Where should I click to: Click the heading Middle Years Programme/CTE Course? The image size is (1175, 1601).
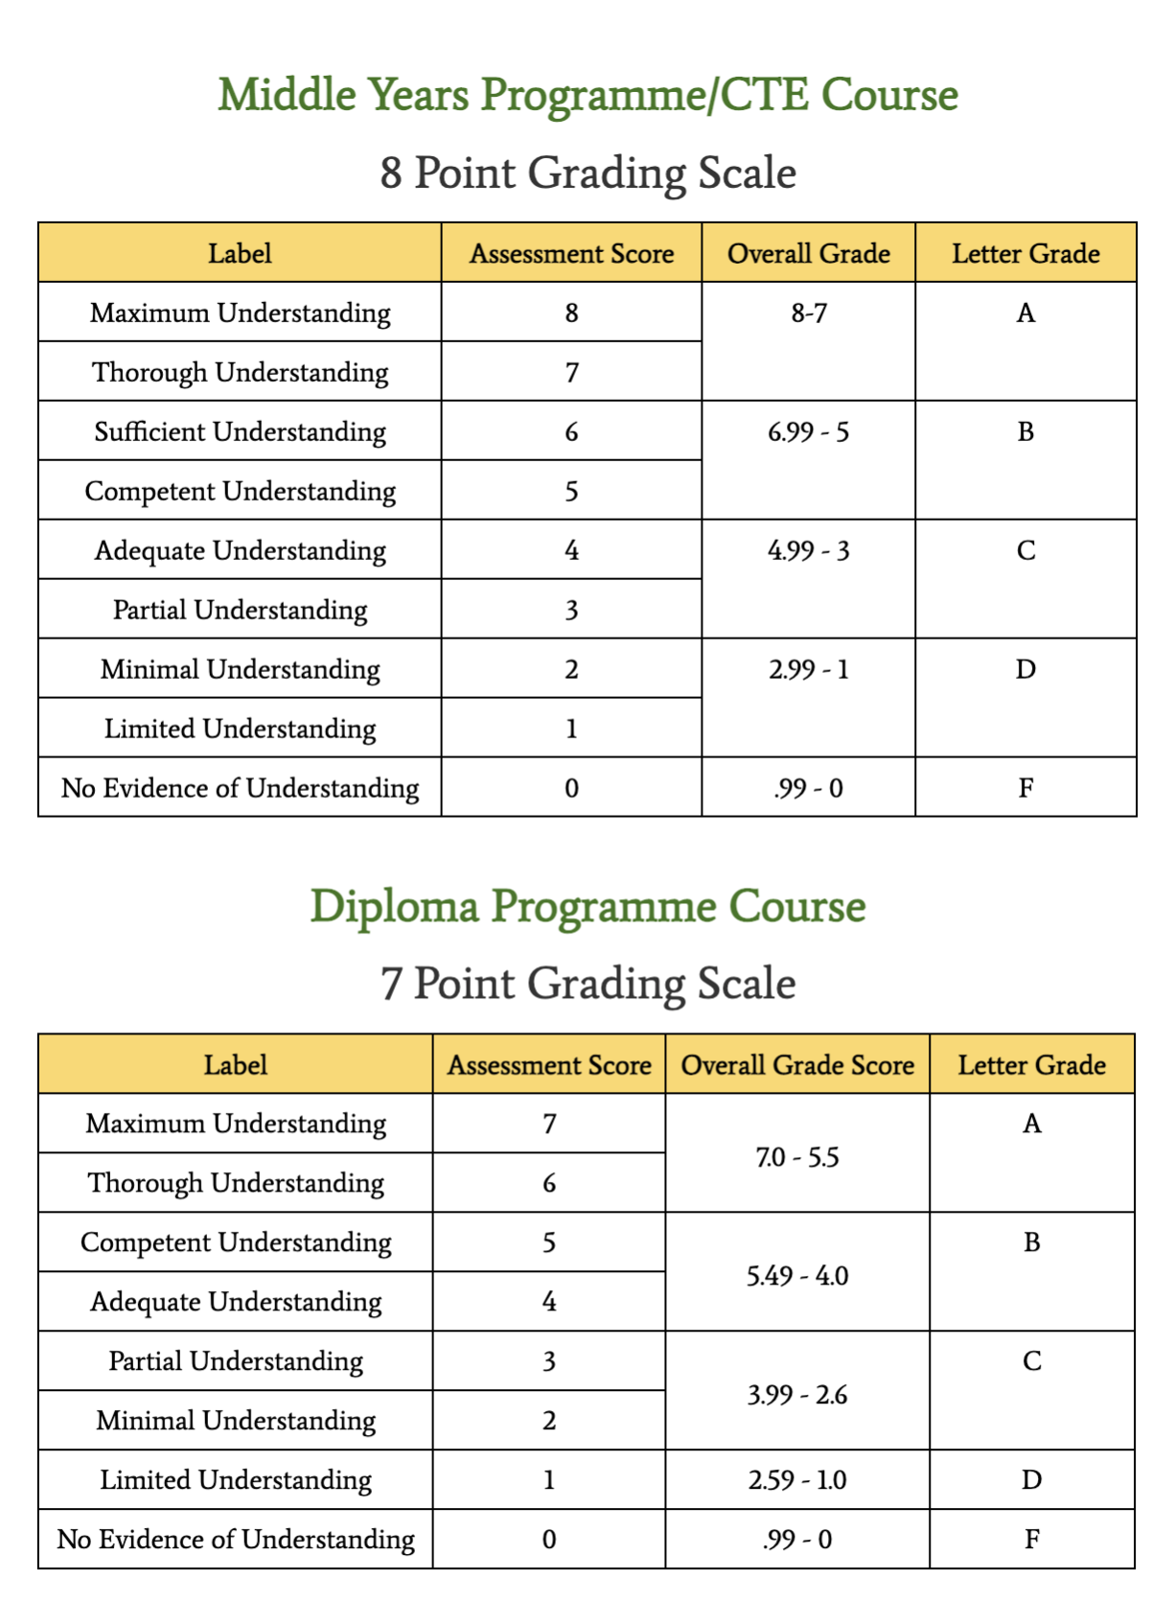click(x=587, y=95)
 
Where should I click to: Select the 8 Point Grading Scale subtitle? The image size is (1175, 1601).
click(x=587, y=173)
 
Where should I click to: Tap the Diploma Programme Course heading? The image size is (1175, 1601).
click(x=587, y=906)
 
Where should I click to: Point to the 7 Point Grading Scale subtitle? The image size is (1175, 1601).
click(x=587, y=984)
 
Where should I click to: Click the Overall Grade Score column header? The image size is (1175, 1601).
click(x=797, y=1065)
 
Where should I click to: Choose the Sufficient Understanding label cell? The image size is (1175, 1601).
click(x=240, y=431)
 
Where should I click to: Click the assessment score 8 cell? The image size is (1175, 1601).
click(x=571, y=313)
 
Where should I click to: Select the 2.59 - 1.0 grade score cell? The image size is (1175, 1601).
click(x=797, y=1480)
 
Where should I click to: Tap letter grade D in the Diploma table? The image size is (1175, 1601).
click(x=1031, y=1480)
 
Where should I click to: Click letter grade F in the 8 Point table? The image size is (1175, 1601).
click(x=1025, y=788)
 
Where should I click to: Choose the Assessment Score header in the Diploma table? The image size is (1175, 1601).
click(x=549, y=1065)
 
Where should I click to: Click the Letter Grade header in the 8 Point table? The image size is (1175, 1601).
click(x=1025, y=254)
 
